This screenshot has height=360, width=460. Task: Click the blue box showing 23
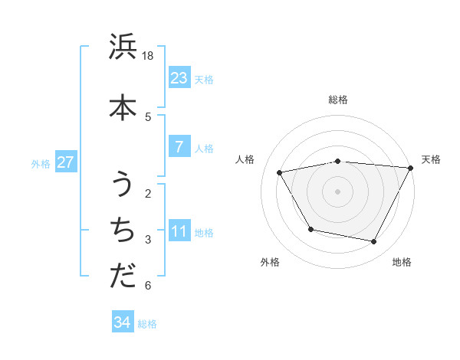coord(179,77)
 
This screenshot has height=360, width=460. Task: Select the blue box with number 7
coord(179,147)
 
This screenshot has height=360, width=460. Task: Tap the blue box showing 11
coord(179,231)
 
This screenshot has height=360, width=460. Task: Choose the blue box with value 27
coord(65,162)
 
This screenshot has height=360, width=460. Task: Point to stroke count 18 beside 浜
coord(149,56)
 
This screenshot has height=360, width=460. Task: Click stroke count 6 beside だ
coord(148,286)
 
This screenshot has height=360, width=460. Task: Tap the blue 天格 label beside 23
coord(204,79)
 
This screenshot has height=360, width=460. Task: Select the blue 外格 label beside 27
coord(41,163)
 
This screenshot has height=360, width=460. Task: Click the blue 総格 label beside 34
coord(147,324)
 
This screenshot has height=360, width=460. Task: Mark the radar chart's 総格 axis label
coord(338,100)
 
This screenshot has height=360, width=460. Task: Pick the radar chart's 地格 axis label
coord(402,263)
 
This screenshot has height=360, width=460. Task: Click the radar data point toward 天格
coord(411,168)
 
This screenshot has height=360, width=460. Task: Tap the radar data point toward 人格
coord(280,173)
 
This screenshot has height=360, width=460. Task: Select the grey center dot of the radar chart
coord(338,191)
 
